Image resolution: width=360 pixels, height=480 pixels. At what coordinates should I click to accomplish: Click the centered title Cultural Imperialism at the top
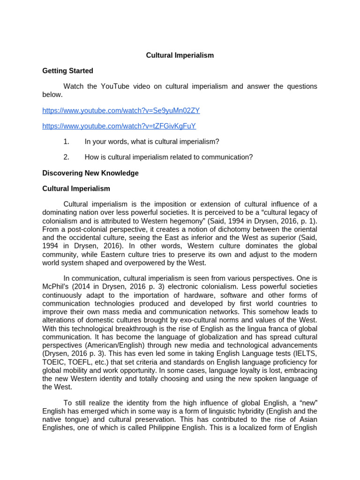(x=180, y=55)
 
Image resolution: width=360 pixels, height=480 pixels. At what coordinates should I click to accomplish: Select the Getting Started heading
(x=67, y=71)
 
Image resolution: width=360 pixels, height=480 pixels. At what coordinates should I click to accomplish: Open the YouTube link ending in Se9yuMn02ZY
(x=121, y=111)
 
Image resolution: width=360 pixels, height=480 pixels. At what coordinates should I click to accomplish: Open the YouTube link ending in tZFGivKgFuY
(x=119, y=126)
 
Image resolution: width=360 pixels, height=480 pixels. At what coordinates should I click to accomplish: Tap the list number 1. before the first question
(x=66, y=142)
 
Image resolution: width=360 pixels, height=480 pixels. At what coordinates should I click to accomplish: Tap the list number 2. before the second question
(x=66, y=157)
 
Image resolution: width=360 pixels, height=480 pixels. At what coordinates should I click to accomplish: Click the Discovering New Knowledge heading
(x=90, y=173)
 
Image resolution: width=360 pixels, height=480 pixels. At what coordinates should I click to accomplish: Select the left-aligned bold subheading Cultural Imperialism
(x=76, y=188)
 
